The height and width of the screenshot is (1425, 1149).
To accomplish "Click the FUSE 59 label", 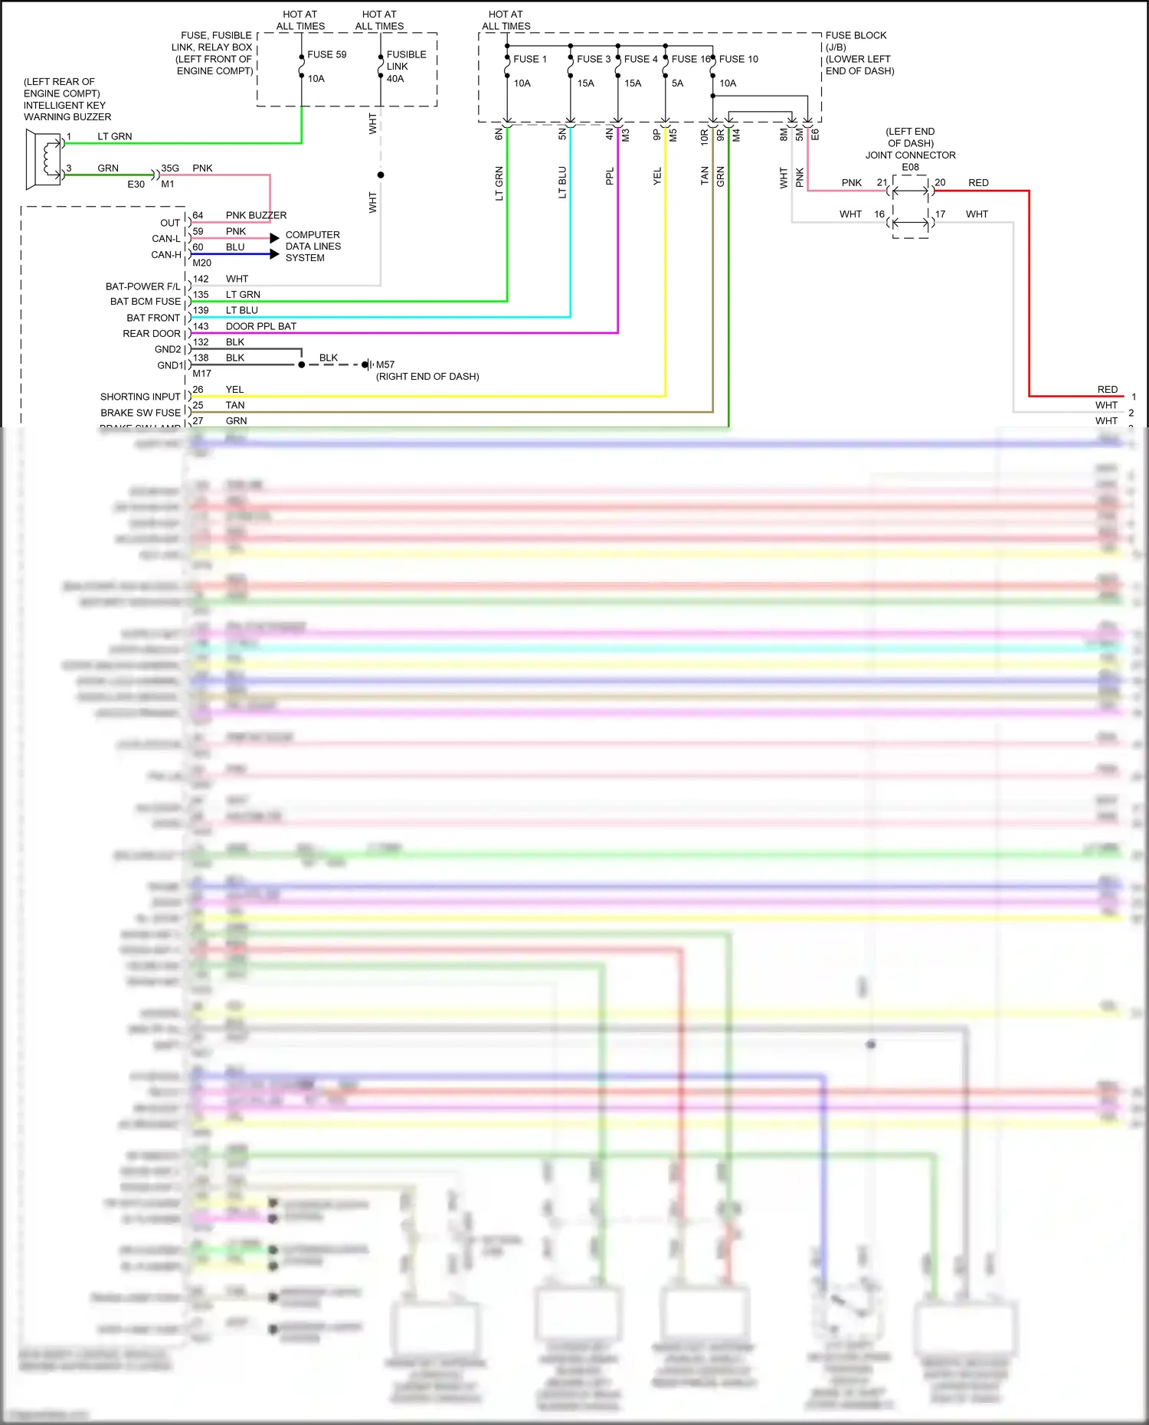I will pos(326,54).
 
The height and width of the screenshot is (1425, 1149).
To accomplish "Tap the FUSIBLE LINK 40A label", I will pos(406,66).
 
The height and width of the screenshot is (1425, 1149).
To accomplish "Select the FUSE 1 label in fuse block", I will pos(529,59).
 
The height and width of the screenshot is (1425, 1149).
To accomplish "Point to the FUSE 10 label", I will pos(738,59).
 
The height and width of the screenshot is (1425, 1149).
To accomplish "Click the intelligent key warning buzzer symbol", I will pos(45,159).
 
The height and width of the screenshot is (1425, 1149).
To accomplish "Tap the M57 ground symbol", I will pos(369,364).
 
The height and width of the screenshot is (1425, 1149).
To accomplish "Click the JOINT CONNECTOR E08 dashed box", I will pos(910,206).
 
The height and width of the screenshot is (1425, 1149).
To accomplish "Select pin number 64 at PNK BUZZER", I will pos(198,215).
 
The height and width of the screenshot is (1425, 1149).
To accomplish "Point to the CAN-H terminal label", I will pos(166,254).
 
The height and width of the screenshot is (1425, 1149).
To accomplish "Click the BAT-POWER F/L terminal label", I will pos(142,286).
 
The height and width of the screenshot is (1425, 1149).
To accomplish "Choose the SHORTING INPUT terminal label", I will pos(140,397).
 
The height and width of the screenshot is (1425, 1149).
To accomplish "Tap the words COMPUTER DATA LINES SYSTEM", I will pos(313,246).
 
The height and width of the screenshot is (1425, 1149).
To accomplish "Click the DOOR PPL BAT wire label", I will pos(260,326).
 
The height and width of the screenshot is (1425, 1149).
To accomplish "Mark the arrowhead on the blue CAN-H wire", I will pos(274,254).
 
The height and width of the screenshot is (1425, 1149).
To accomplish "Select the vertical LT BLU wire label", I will pos(562,182).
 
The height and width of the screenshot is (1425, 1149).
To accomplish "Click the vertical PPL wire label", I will pos(610,177).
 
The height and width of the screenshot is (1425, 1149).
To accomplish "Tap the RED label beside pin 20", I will pos(978,182).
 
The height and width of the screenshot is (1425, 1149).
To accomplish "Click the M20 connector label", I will pos(201,263).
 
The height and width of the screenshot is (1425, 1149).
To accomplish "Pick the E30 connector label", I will pos(136,184).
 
